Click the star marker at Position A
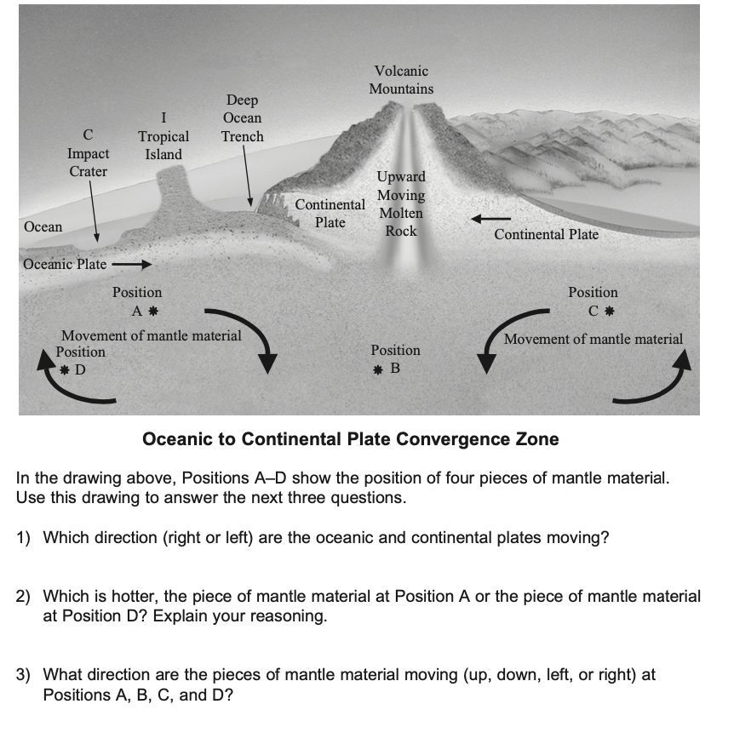pyautogui.click(x=153, y=311)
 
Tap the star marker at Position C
pyautogui.click(x=610, y=311)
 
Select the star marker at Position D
pyautogui.click(x=65, y=370)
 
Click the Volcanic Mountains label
pyautogui.click(x=401, y=80)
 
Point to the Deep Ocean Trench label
pyautogui.click(x=243, y=118)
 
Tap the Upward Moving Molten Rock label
pyautogui.click(x=401, y=204)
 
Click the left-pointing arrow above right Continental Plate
pyautogui.click(x=491, y=220)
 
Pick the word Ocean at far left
pyautogui.click(x=43, y=226)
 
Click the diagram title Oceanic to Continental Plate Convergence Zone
pyautogui.click(x=351, y=439)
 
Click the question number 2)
pyautogui.click(x=26, y=597)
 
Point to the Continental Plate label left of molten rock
pyautogui.click(x=330, y=214)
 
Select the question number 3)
pyautogui.click(x=26, y=675)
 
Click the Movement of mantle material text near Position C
pyautogui.click(x=593, y=339)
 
